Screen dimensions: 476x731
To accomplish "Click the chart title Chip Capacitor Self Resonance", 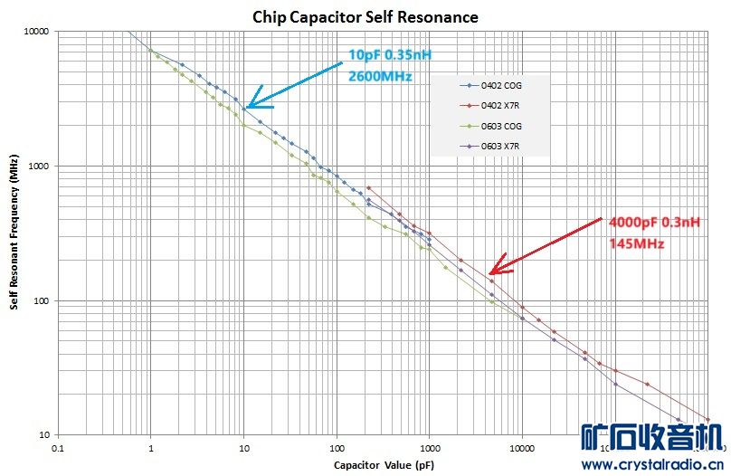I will click(365, 17).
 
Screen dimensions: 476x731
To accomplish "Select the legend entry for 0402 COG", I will click(503, 86).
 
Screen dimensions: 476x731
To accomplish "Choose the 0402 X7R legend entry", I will click(503, 106).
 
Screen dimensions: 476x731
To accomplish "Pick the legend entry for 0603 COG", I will click(503, 126).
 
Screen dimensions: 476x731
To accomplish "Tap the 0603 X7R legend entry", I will click(503, 146).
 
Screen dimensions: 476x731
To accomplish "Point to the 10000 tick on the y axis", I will click(36, 32).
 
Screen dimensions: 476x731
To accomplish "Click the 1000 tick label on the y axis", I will click(39, 167).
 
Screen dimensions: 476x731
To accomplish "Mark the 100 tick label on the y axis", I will click(42, 301).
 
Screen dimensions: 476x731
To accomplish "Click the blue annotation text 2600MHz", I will click(380, 76).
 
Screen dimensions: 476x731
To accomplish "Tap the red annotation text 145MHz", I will click(638, 244).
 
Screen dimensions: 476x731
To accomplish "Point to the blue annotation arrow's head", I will click(248, 107).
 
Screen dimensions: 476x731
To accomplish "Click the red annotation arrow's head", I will click(490, 272).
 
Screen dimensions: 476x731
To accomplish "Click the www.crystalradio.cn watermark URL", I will click(654, 465).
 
